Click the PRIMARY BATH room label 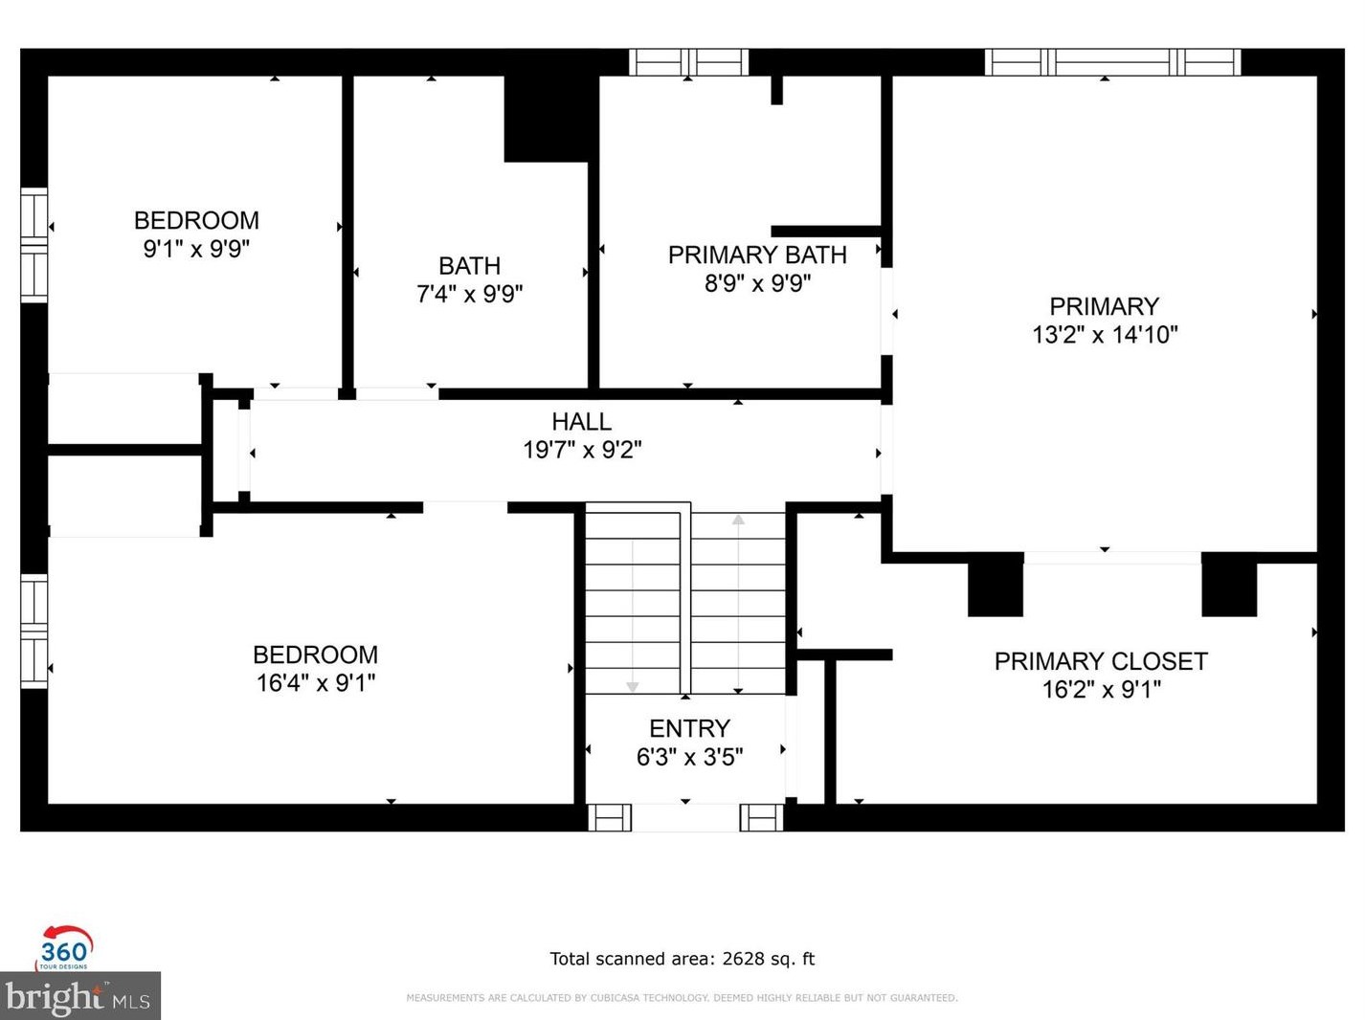coord(757,255)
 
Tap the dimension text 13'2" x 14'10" coord(1105,334)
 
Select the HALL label coord(581,422)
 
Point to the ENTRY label coord(689,728)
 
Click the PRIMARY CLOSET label coord(1101,661)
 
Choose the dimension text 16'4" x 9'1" coord(316,683)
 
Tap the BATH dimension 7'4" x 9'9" coord(469,294)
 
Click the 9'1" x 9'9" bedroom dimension coord(196,249)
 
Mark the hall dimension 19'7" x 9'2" coord(581,450)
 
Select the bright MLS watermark coord(79,996)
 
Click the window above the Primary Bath coord(688,62)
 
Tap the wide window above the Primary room coord(1112,62)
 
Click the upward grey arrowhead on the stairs coord(738,519)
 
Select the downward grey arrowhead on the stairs coord(633,687)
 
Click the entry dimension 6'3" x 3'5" coord(689,757)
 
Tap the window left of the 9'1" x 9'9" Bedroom coord(34,245)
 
